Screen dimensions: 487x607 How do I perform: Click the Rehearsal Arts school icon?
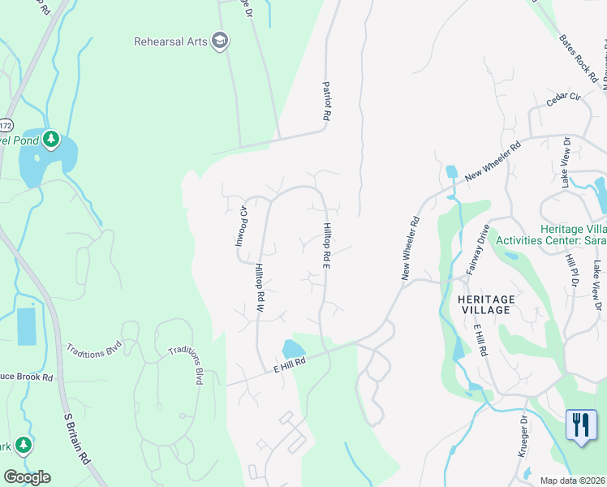pos(219,41)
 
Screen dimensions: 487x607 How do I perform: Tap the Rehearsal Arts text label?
pos(170,41)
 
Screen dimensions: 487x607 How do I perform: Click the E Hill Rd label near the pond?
pos(288,366)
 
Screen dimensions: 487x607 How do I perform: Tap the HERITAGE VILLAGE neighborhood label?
pos(485,304)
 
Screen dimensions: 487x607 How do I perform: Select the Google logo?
pos(27,477)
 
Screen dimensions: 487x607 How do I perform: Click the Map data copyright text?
pos(573,481)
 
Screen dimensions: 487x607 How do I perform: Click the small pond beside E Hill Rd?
pos(291,349)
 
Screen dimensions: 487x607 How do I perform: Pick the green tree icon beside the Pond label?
pos(51,140)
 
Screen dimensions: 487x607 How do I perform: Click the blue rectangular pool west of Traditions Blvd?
pos(26,326)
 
